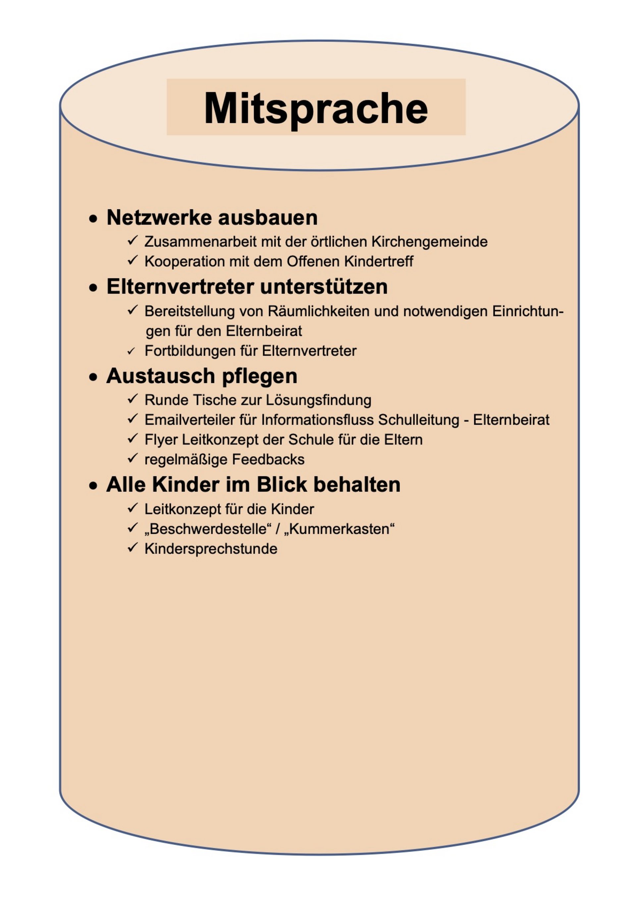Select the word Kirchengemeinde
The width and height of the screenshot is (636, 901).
click(429, 242)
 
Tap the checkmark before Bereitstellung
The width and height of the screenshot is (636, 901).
click(132, 310)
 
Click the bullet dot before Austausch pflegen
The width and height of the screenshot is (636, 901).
click(93, 378)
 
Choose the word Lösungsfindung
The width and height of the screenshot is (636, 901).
click(318, 400)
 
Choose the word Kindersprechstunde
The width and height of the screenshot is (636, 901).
click(211, 549)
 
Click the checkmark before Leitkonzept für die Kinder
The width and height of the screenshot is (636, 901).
click(132, 509)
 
